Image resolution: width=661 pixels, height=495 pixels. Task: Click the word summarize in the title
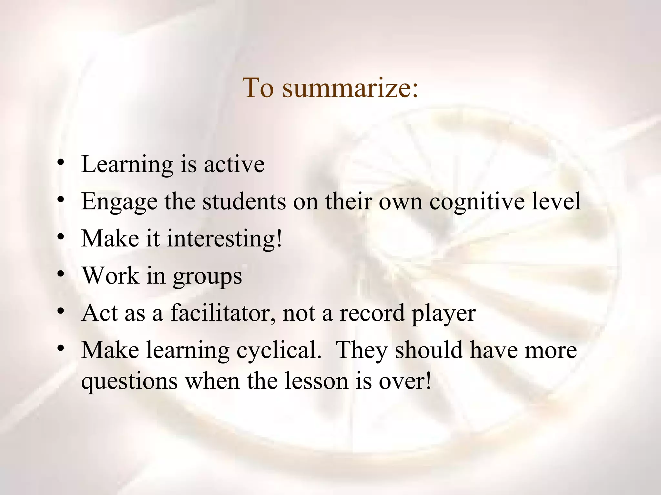[350, 88]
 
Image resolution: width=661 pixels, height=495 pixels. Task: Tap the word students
[244, 201]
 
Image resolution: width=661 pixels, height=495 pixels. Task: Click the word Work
[110, 276]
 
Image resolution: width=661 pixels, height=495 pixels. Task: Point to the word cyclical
[279, 351]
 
